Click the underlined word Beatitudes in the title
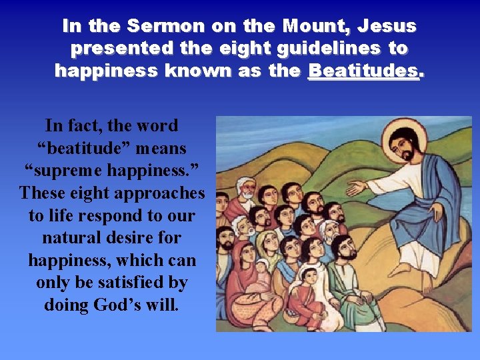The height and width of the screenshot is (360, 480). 364,71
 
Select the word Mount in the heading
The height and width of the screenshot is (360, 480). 316,27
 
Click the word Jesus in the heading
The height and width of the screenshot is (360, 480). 387,27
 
